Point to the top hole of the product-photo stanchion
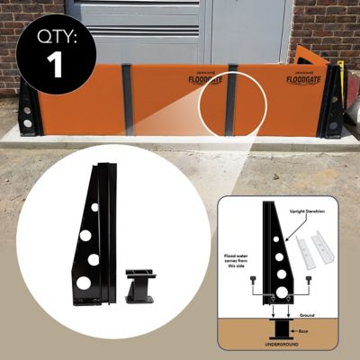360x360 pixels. (x=95, y=206)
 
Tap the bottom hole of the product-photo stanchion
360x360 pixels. (x=84, y=282)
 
